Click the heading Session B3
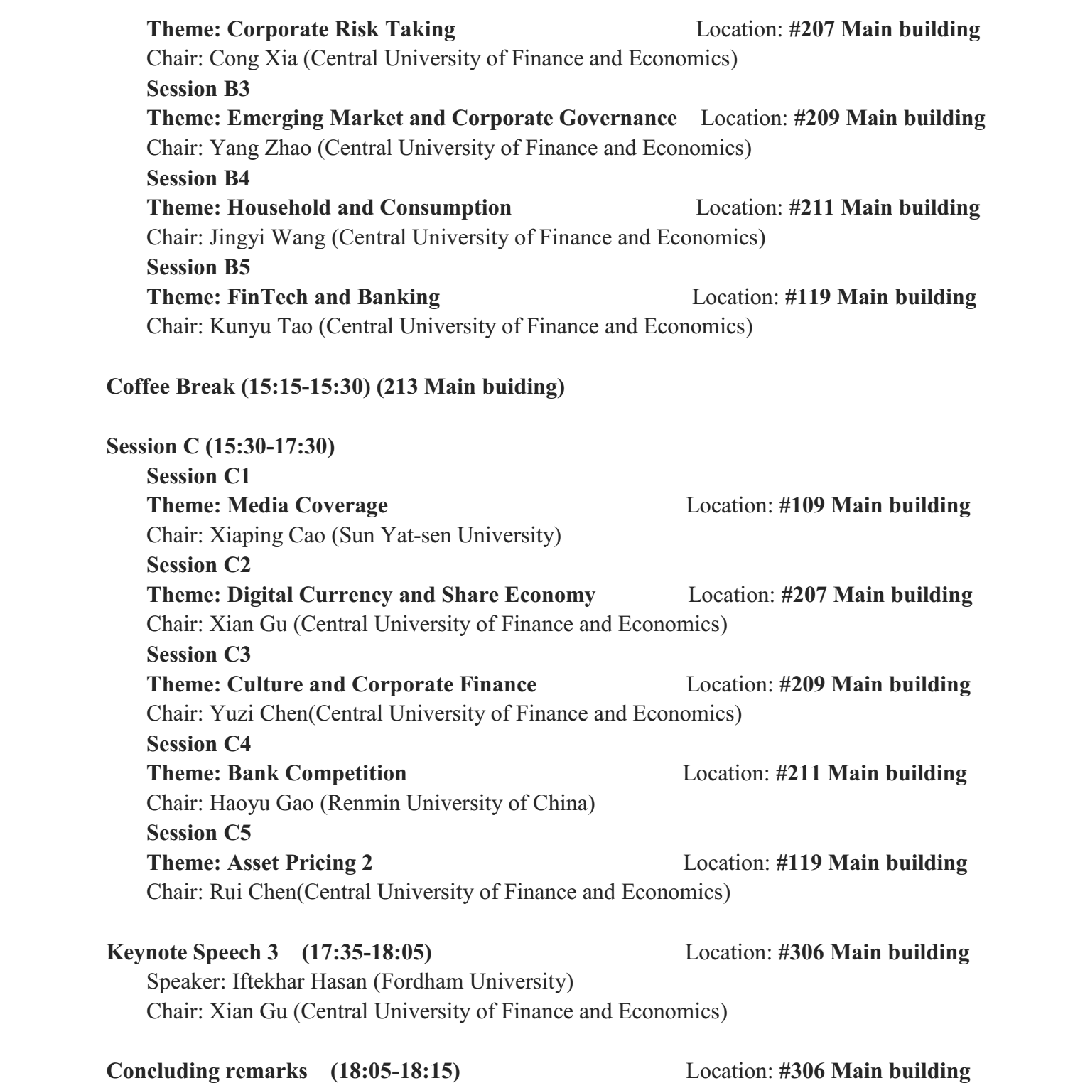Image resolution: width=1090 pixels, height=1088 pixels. (198, 89)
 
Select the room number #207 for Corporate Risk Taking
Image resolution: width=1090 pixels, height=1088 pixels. (811, 29)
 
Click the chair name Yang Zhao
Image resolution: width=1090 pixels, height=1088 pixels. (260, 148)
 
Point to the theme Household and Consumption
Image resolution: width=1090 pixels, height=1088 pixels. (369, 208)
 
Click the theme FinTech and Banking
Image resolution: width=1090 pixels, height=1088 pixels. (333, 297)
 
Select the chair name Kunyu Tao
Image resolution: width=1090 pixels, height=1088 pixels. (261, 327)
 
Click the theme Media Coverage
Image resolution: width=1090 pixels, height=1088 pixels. (307, 505)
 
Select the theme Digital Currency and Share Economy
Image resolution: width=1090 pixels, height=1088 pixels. (411, 595)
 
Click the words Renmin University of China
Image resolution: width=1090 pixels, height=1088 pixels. (465, 803)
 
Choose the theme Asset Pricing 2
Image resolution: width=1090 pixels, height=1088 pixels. (299, 863)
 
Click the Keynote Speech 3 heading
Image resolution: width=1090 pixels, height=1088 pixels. (193, 952)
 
